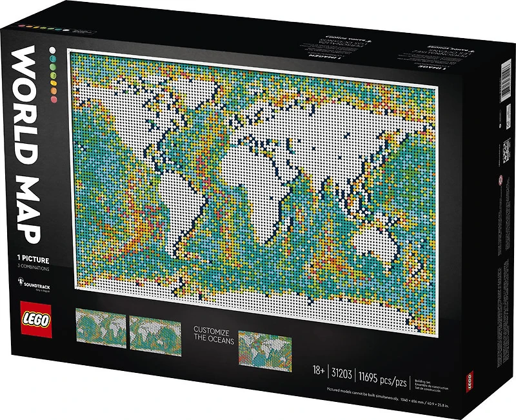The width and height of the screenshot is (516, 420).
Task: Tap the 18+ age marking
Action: pyautogui.click(x=317, y=372)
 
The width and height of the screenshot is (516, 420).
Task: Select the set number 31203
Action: pyautogui.click(x=341, y=372)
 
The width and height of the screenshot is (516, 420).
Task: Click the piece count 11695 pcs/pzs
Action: pyautogui.click(x=383, y=372)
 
